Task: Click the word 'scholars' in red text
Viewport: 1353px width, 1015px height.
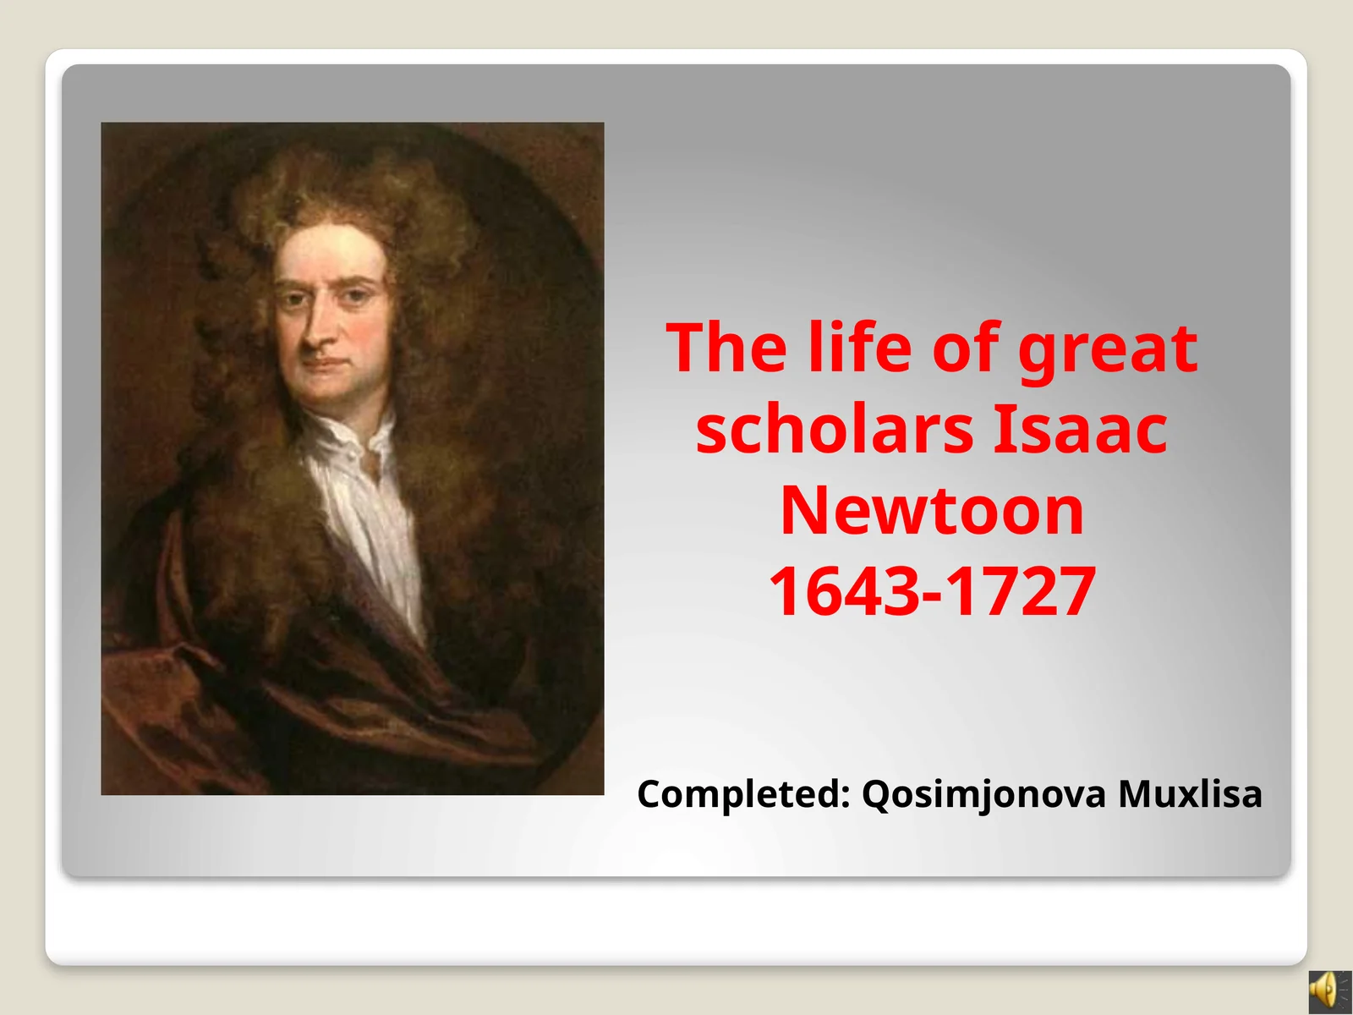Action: tap(835, 429)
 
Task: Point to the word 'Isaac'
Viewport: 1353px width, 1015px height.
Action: tap(1079, 429)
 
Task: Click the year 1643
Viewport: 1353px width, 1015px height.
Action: tap(845, 591)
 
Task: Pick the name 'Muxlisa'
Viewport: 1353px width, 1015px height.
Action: tap(1190, 794)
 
